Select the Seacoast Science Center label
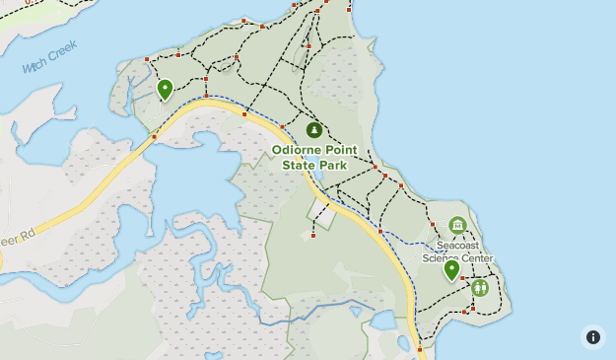pyautogui.click(x=457, y=252)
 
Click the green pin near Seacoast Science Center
pyautogui.click(x=451, y=269)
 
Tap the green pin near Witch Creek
pyautogui.click(x=165, y=90)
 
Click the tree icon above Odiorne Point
pyautogui.click(x=314, y=129)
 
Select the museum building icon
pyautogui.click(x=456, y=226)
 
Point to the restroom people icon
pyautogui.click(x=480, y=288)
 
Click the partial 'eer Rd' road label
pyautogui.click(x=18, y=236)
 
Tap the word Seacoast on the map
pyautogui.click(x=457, y=245)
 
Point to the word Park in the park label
pyautogui.click(x=333, y=166)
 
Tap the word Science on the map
pyautogui.click(x=441, y=258)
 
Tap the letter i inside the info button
pyautogui.click(x=593, y=337)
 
